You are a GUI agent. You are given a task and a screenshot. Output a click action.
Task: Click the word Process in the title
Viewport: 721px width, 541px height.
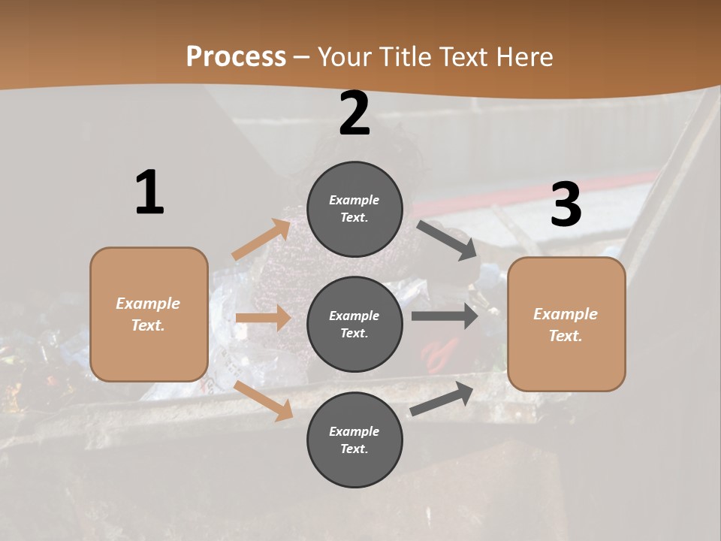point(236,56)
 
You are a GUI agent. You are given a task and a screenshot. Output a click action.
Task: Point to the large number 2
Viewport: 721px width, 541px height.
point(354,113)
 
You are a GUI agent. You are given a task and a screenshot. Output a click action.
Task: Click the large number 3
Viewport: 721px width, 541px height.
point(566,204)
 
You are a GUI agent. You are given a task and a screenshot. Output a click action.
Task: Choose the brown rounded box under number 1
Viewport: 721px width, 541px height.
point(149,314)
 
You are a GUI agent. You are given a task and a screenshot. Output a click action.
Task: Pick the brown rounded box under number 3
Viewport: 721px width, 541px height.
point(566,325)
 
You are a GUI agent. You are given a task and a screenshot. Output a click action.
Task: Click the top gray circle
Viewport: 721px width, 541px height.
point(354,209)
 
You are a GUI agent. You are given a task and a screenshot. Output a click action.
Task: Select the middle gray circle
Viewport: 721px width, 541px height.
point(354,325)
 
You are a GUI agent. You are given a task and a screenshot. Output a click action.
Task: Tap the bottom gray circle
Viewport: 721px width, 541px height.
point(354,440)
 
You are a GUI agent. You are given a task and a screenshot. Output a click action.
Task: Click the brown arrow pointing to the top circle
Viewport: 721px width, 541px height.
point(262,240)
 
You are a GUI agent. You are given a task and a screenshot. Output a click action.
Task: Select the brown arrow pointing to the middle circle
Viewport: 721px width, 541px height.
point(263,318)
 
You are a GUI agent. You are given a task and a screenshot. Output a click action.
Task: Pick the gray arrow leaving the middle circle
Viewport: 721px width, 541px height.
point(445,316)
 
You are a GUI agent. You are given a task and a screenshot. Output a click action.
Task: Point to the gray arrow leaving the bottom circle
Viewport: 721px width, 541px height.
point(442,399)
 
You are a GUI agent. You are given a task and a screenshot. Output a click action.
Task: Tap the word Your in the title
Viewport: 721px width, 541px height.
point(345,56)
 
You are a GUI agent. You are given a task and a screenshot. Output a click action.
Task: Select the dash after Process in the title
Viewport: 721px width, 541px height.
point(302,57)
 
